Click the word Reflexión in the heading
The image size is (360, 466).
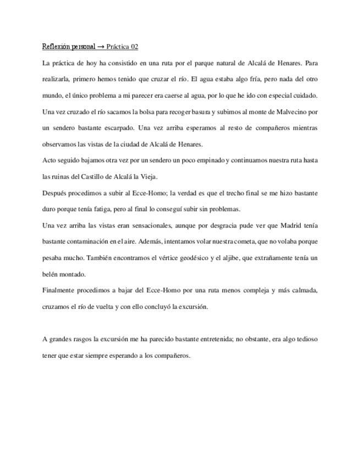(x=56, y=47)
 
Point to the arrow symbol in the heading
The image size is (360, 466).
(x=101, y=47)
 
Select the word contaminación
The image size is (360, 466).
(x=93, y=241)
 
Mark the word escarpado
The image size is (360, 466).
(x=119, y=128)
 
